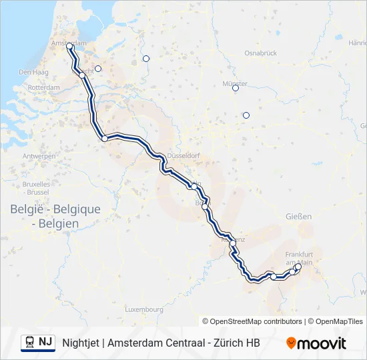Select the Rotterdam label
coord(45,87)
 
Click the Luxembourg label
coord(144,309)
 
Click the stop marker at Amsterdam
coord(69,47)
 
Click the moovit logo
coord(316,343)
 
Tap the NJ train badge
coord(38,343)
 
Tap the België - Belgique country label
coord(55,209)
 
